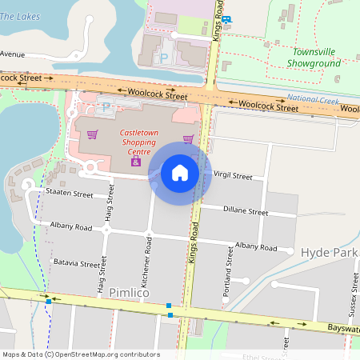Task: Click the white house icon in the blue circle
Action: pos(180,172)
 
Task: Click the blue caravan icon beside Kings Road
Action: pos(227,20)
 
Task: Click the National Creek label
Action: pos(314,99)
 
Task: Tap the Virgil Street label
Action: pos(233,176)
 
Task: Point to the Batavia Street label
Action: pos(77,262)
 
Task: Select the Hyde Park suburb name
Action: pos(330,252)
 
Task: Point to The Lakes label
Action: pos(19,15)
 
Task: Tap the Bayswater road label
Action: pos(343,329)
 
